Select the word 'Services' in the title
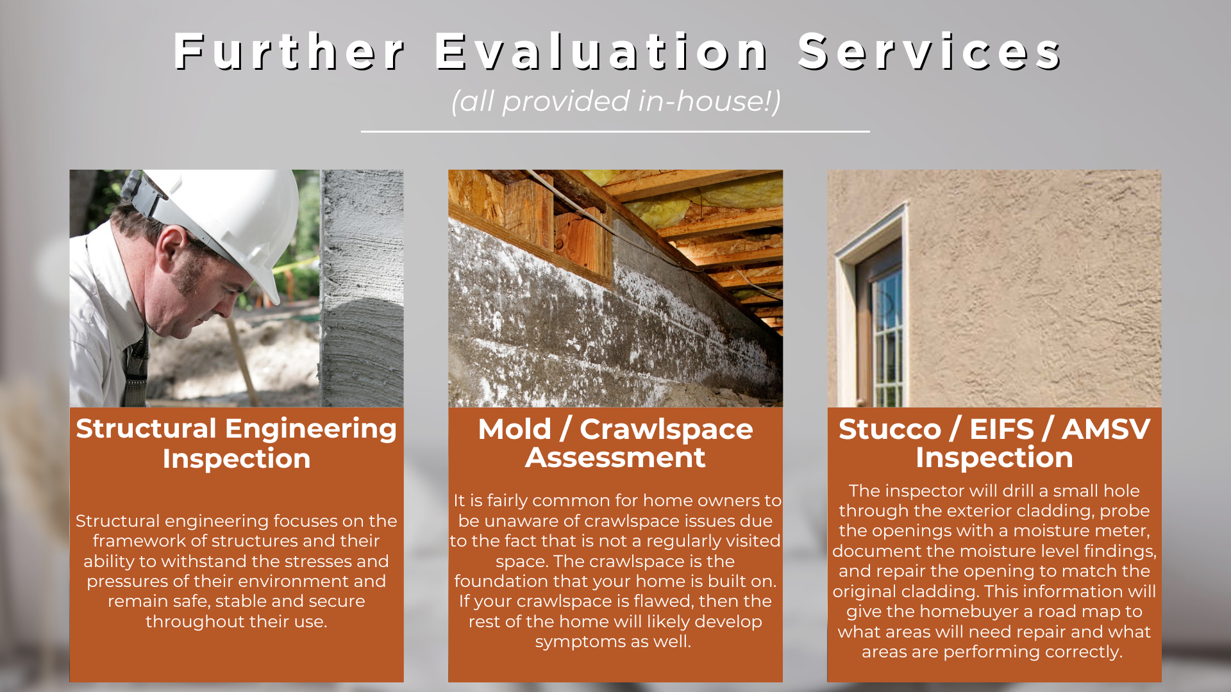pos(930,51)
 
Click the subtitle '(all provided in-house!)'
pos(615,101)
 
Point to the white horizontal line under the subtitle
pos(615,131)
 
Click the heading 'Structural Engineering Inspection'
pos(237,443)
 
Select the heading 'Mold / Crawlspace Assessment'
pos(615,443)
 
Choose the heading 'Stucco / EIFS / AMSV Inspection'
pos(994,443)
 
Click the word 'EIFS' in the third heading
pos(1001,429)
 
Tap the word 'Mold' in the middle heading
pos(514,429)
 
